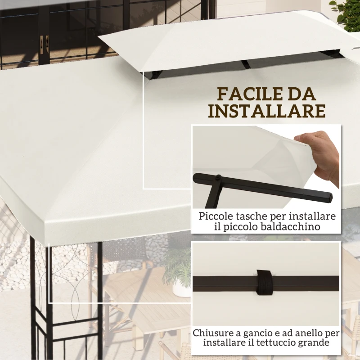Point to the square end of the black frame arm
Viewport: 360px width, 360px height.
click(x=329, y=197)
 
